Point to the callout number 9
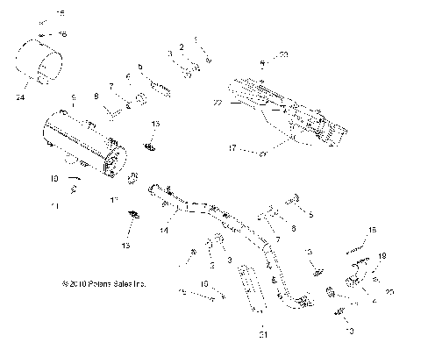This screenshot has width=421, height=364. pyautogui.click(x=74, y=97)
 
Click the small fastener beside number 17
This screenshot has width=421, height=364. pyautogui.click(x=263, y=152)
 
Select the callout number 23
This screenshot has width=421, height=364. pyautogui.click(x=283, y=55)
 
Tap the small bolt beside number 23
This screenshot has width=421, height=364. pyautogui.click(x=264, y=63)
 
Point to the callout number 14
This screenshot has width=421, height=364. pyautogui.click(x=163, y=231)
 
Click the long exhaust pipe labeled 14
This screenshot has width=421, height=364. pyautogui.click(x=219, y=228)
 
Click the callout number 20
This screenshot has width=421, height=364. pyautogui.click(x=391, y=291)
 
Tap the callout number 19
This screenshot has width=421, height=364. pyautogui.click(x=382, y=255)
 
